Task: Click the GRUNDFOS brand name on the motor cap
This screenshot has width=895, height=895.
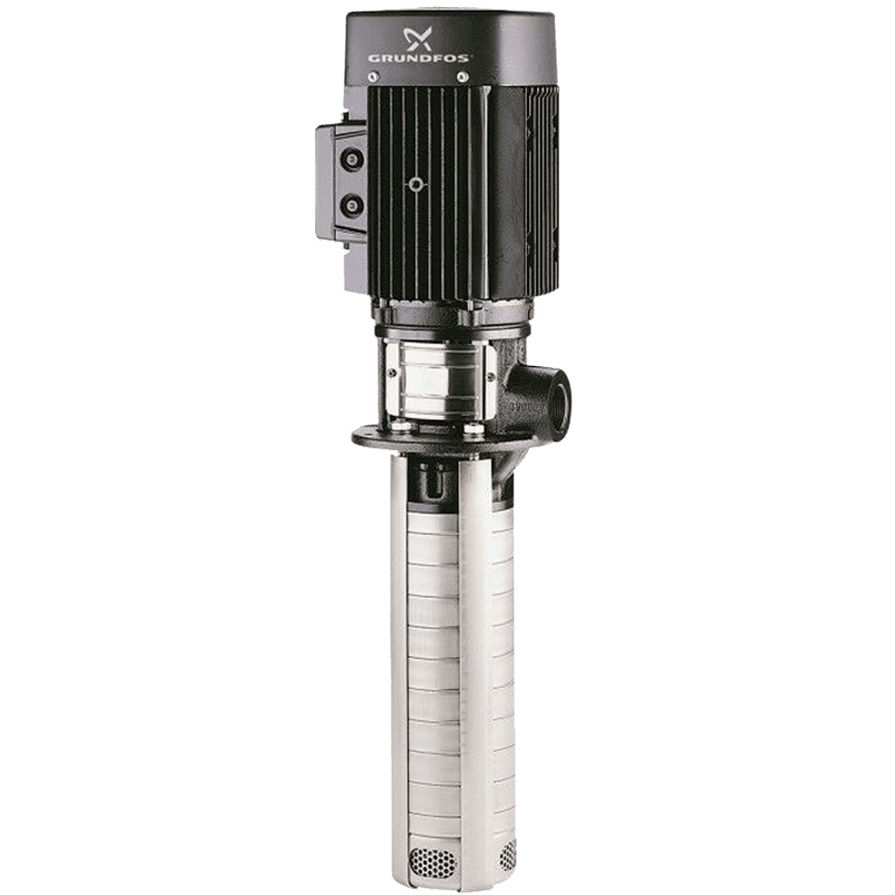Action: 418,57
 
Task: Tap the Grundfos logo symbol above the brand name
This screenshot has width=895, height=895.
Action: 418,38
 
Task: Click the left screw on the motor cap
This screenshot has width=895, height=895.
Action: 373,75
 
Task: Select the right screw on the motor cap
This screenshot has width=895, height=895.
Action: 464,75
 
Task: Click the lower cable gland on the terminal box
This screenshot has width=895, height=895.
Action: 352,203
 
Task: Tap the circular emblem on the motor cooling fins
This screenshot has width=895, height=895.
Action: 417,184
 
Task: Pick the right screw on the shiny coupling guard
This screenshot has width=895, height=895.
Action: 491,376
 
